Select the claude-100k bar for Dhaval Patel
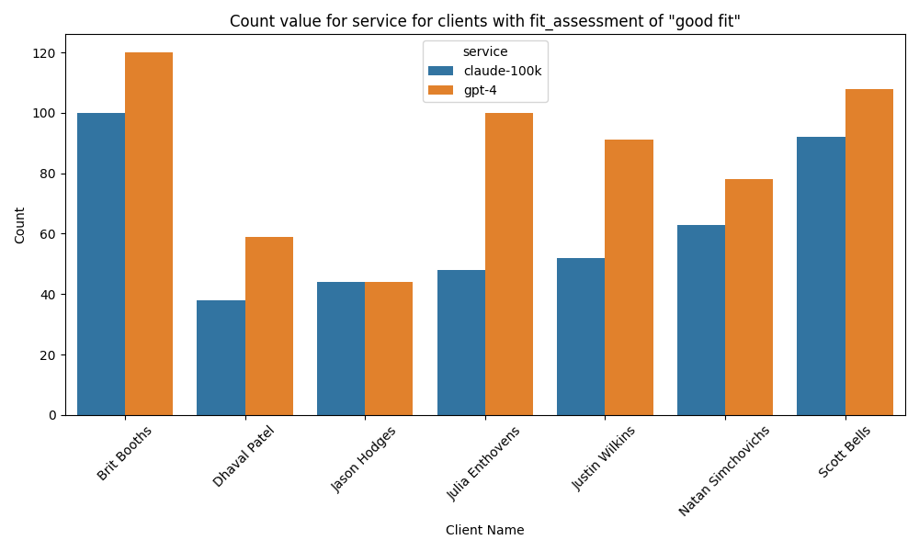point(221,357)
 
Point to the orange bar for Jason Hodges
point(389,348)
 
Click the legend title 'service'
point(484,52)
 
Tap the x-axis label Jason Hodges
point(364,459)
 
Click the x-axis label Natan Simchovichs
point(723,469)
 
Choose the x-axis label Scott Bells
point(845,452)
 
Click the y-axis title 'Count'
point(20,225)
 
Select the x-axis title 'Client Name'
point(484,530)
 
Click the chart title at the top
point(484,21)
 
